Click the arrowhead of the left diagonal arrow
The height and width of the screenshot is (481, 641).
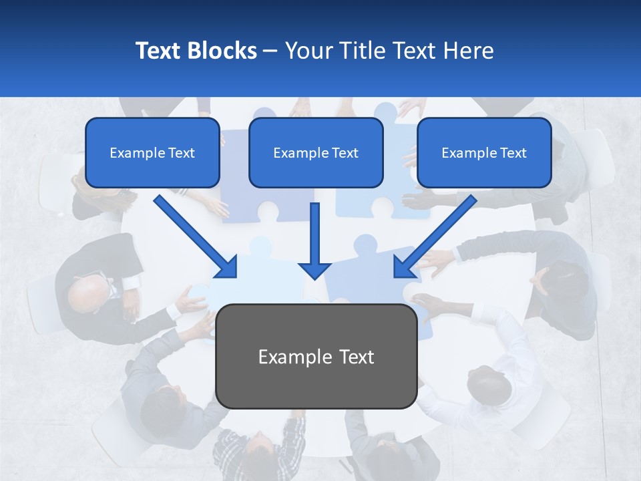(227, 267)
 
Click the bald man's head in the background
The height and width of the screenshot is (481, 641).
(88, 292)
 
